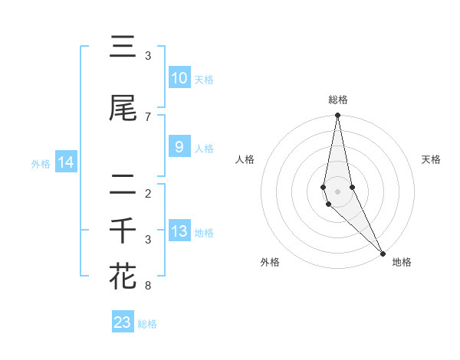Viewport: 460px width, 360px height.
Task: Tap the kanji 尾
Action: [123, 110]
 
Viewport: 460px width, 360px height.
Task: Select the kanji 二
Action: [123, 186]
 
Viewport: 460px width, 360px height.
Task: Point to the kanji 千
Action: [123, 231]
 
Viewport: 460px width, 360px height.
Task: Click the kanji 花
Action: [123, 276]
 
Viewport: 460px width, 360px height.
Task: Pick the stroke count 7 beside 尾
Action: [148, 116]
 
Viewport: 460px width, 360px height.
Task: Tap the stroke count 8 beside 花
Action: [148, 286]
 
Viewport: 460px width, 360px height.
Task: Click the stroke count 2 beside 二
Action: [148, 193]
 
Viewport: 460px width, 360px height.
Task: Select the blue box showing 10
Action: [179, 78]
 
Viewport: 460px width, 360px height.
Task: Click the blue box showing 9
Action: [179, 147]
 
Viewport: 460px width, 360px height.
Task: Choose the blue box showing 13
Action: [179, 231]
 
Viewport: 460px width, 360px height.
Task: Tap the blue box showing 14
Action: [65, 162]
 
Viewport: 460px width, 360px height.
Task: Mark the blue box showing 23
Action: [123, 322]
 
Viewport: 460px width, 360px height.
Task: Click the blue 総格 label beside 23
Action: [147, 324]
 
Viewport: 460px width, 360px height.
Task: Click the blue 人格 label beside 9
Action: [204, 149]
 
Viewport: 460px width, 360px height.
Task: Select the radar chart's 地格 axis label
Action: [402, 262]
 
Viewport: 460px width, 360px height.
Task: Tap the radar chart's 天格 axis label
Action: [432, 159]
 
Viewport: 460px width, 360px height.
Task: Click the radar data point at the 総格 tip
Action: [338, 116]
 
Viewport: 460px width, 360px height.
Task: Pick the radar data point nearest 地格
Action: [383, 252]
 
